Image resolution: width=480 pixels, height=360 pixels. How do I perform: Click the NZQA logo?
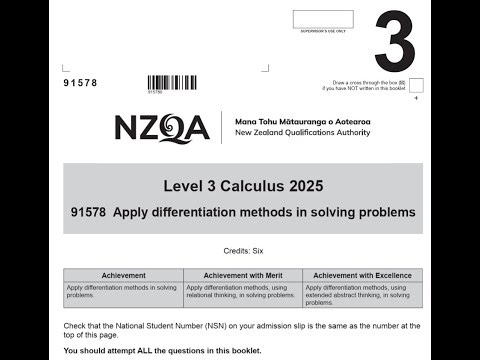161,128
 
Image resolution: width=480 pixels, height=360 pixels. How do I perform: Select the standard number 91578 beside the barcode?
80,83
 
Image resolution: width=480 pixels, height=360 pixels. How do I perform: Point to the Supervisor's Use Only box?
323,20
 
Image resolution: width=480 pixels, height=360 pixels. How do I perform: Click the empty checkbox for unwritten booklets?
416,85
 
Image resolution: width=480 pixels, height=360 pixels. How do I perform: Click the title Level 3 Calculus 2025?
243,187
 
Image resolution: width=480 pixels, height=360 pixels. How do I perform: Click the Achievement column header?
123,275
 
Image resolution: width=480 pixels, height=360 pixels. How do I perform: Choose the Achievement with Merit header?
243,275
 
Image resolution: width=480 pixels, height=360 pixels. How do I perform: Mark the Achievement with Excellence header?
362,275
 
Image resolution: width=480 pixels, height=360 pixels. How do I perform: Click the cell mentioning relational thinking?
243,291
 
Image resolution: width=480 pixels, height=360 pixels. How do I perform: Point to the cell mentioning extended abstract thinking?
362,291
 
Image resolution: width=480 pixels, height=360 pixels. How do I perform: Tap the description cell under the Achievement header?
123,291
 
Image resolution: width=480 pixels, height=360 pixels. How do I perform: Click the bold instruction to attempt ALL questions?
162,351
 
